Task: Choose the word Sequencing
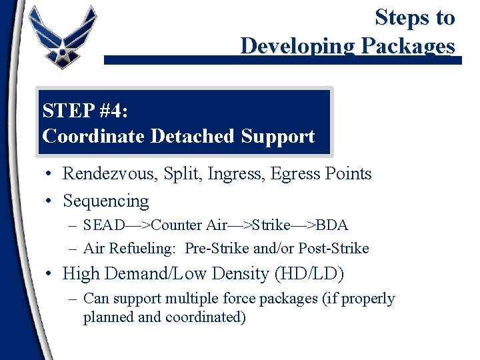(x=106, y=201)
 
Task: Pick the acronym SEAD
(x=101, y=225)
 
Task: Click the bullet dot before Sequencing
(x=50, y=201)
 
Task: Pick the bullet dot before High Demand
(x=50, y=273)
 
